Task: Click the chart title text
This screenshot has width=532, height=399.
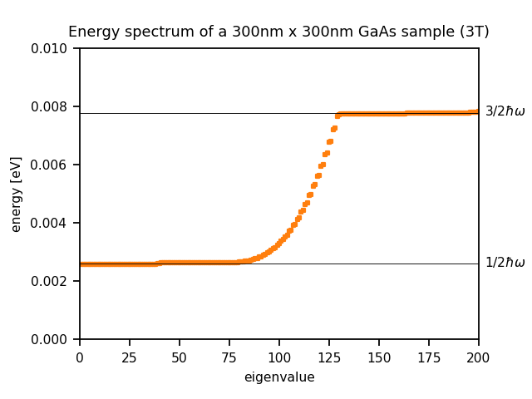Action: click(278, 32)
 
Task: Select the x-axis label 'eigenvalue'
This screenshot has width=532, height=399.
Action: click(279, 377)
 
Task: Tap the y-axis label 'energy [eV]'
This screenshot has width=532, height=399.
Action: click(17, 194)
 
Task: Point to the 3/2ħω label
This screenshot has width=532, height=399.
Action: click(505, 111)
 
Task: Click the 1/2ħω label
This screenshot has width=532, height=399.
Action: click(505, 263)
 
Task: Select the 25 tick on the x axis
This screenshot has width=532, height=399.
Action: click(130, 357)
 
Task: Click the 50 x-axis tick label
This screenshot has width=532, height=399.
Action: click(180, 357)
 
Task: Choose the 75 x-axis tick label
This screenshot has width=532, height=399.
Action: click(229, 357)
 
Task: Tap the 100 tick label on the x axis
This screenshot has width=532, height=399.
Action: click(279, 357)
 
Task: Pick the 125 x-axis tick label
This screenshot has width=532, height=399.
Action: click(329, 357)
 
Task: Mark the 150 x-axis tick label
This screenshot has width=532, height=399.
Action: click(379, 357)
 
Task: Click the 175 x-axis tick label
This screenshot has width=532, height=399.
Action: click(429, 357)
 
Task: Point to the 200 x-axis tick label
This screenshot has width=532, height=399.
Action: click(479, 357)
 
